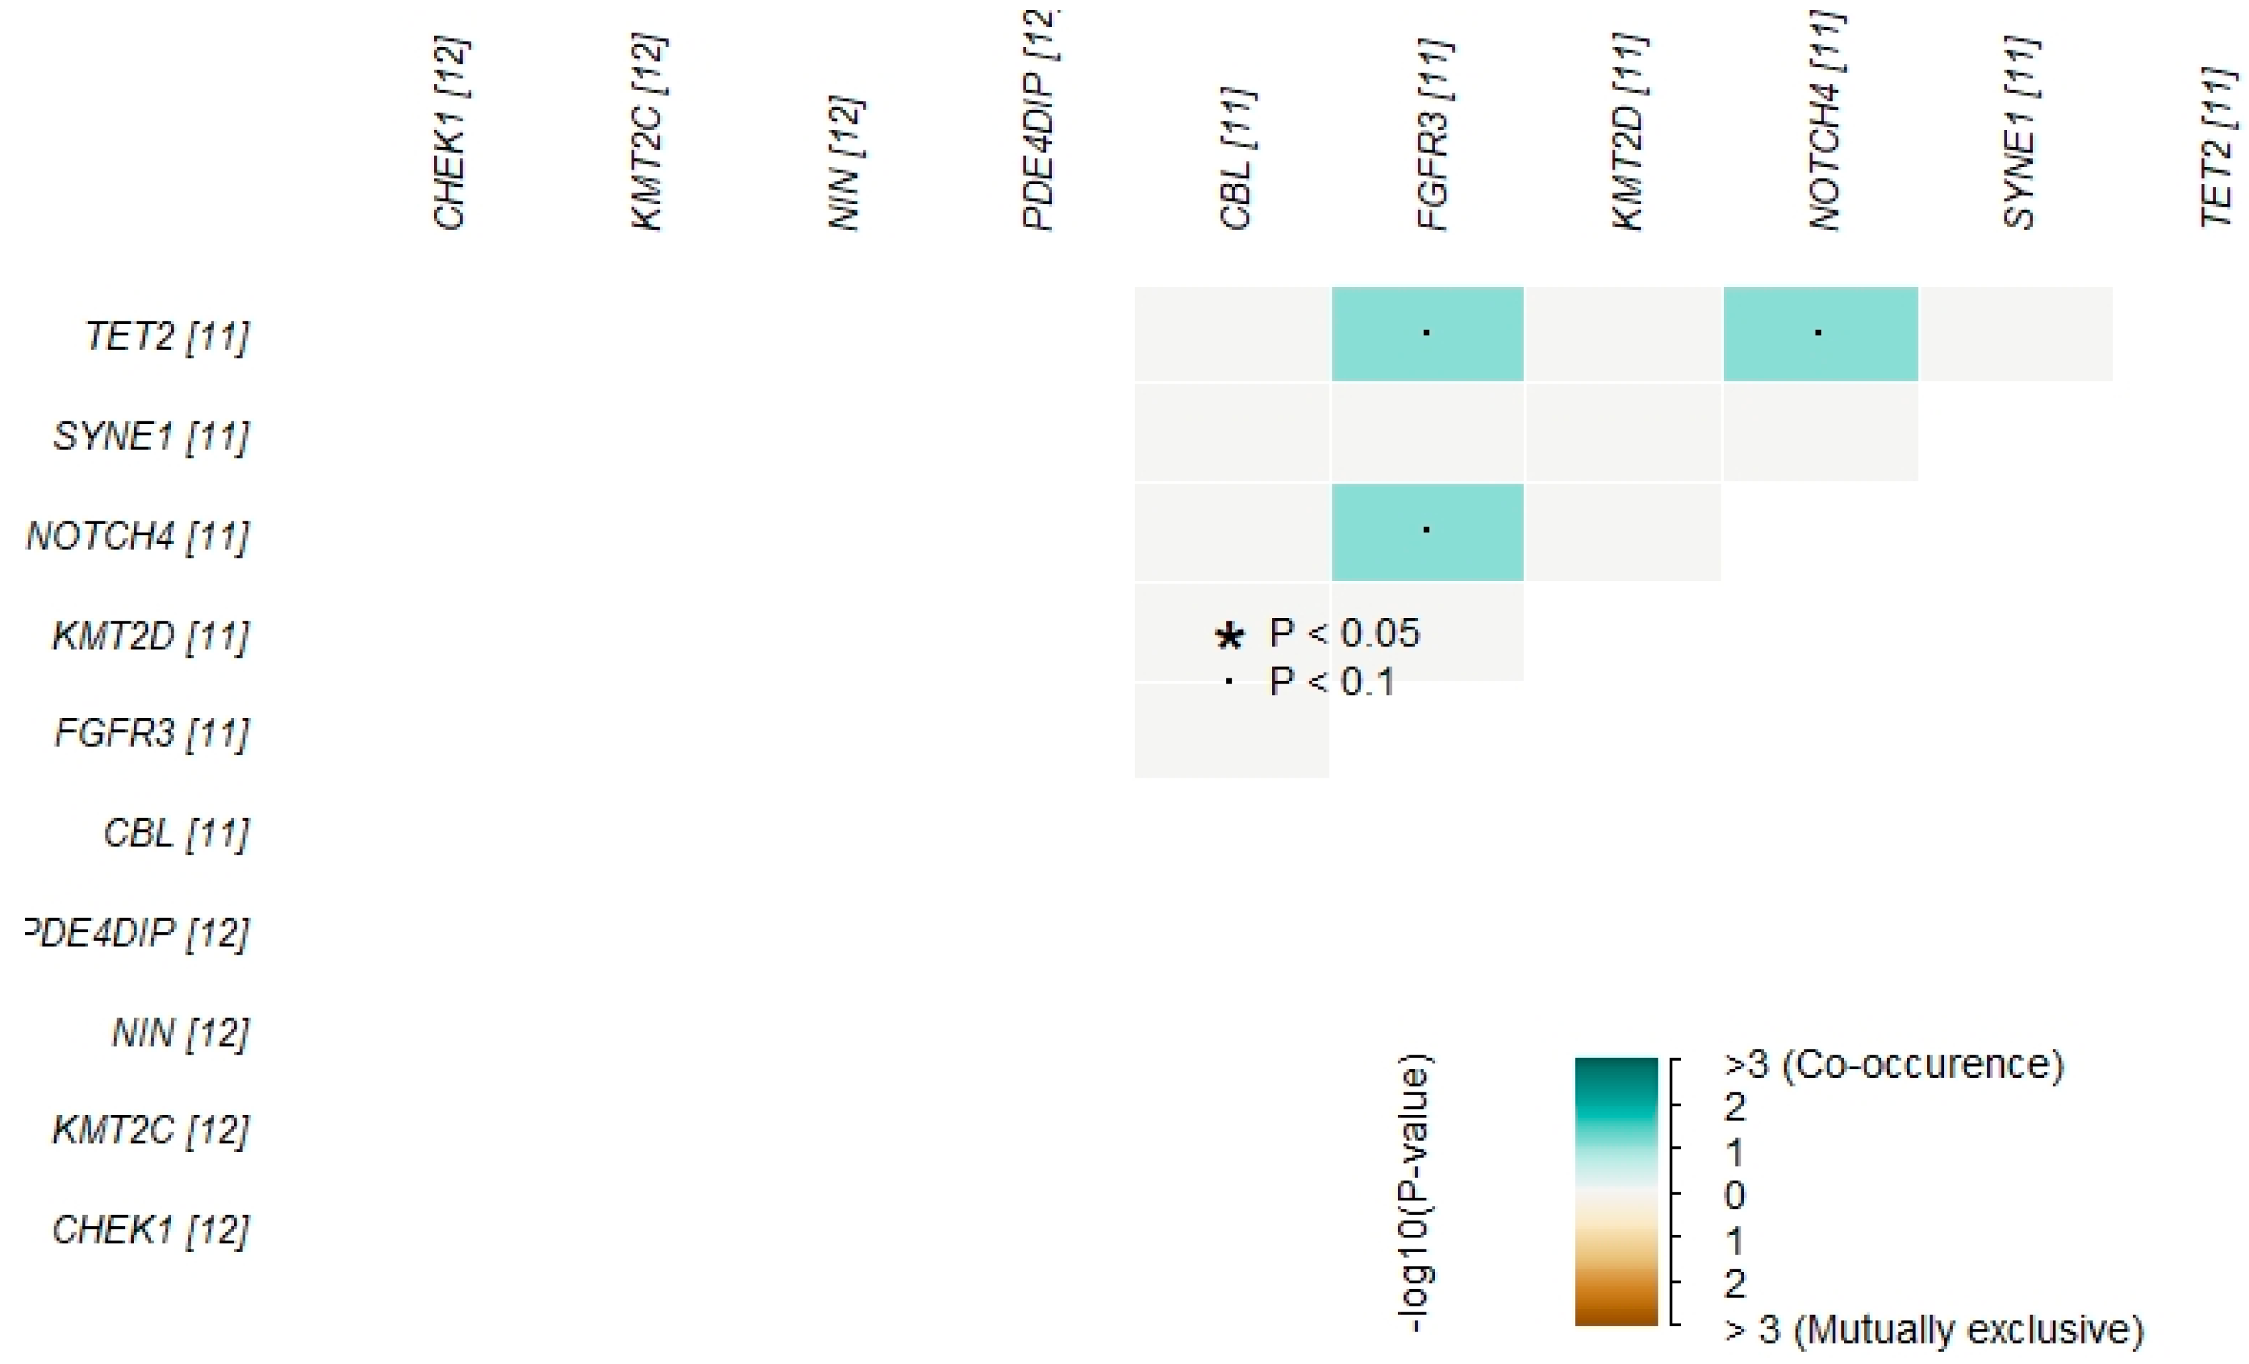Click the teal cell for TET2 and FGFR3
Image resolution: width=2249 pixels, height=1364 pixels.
pyautogui.click(x=1426, y=334)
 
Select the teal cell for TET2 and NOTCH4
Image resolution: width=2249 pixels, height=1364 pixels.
pyautogui.click(x=1820, y=334)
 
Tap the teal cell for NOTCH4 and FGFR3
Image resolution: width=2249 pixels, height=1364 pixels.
pyautogui.click(x=1426, y=532)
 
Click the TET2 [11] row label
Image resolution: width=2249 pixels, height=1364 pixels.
pyautogui.click(x=166, y=337)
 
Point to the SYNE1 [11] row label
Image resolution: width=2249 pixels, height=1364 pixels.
pyautogui.click(x=150, y=436)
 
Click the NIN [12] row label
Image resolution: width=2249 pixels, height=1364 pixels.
pyautogui.click(x=180, y=1033)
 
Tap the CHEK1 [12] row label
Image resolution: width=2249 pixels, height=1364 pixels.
pyautogui.click(x=150, y=1230)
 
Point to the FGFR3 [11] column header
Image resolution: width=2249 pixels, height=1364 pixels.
pyautogui.click(x=1434, y=135)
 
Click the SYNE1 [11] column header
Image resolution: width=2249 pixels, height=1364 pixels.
pyautogui.click(x=2019, y=133)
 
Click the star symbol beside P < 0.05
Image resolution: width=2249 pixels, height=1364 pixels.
pyautogui.click(x=1230, y=636)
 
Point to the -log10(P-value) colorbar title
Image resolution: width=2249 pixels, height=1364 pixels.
pyautogui.click(x=1414, y=1194)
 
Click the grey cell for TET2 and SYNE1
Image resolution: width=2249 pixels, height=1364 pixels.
pyautogui.click(x=2015, y=334)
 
